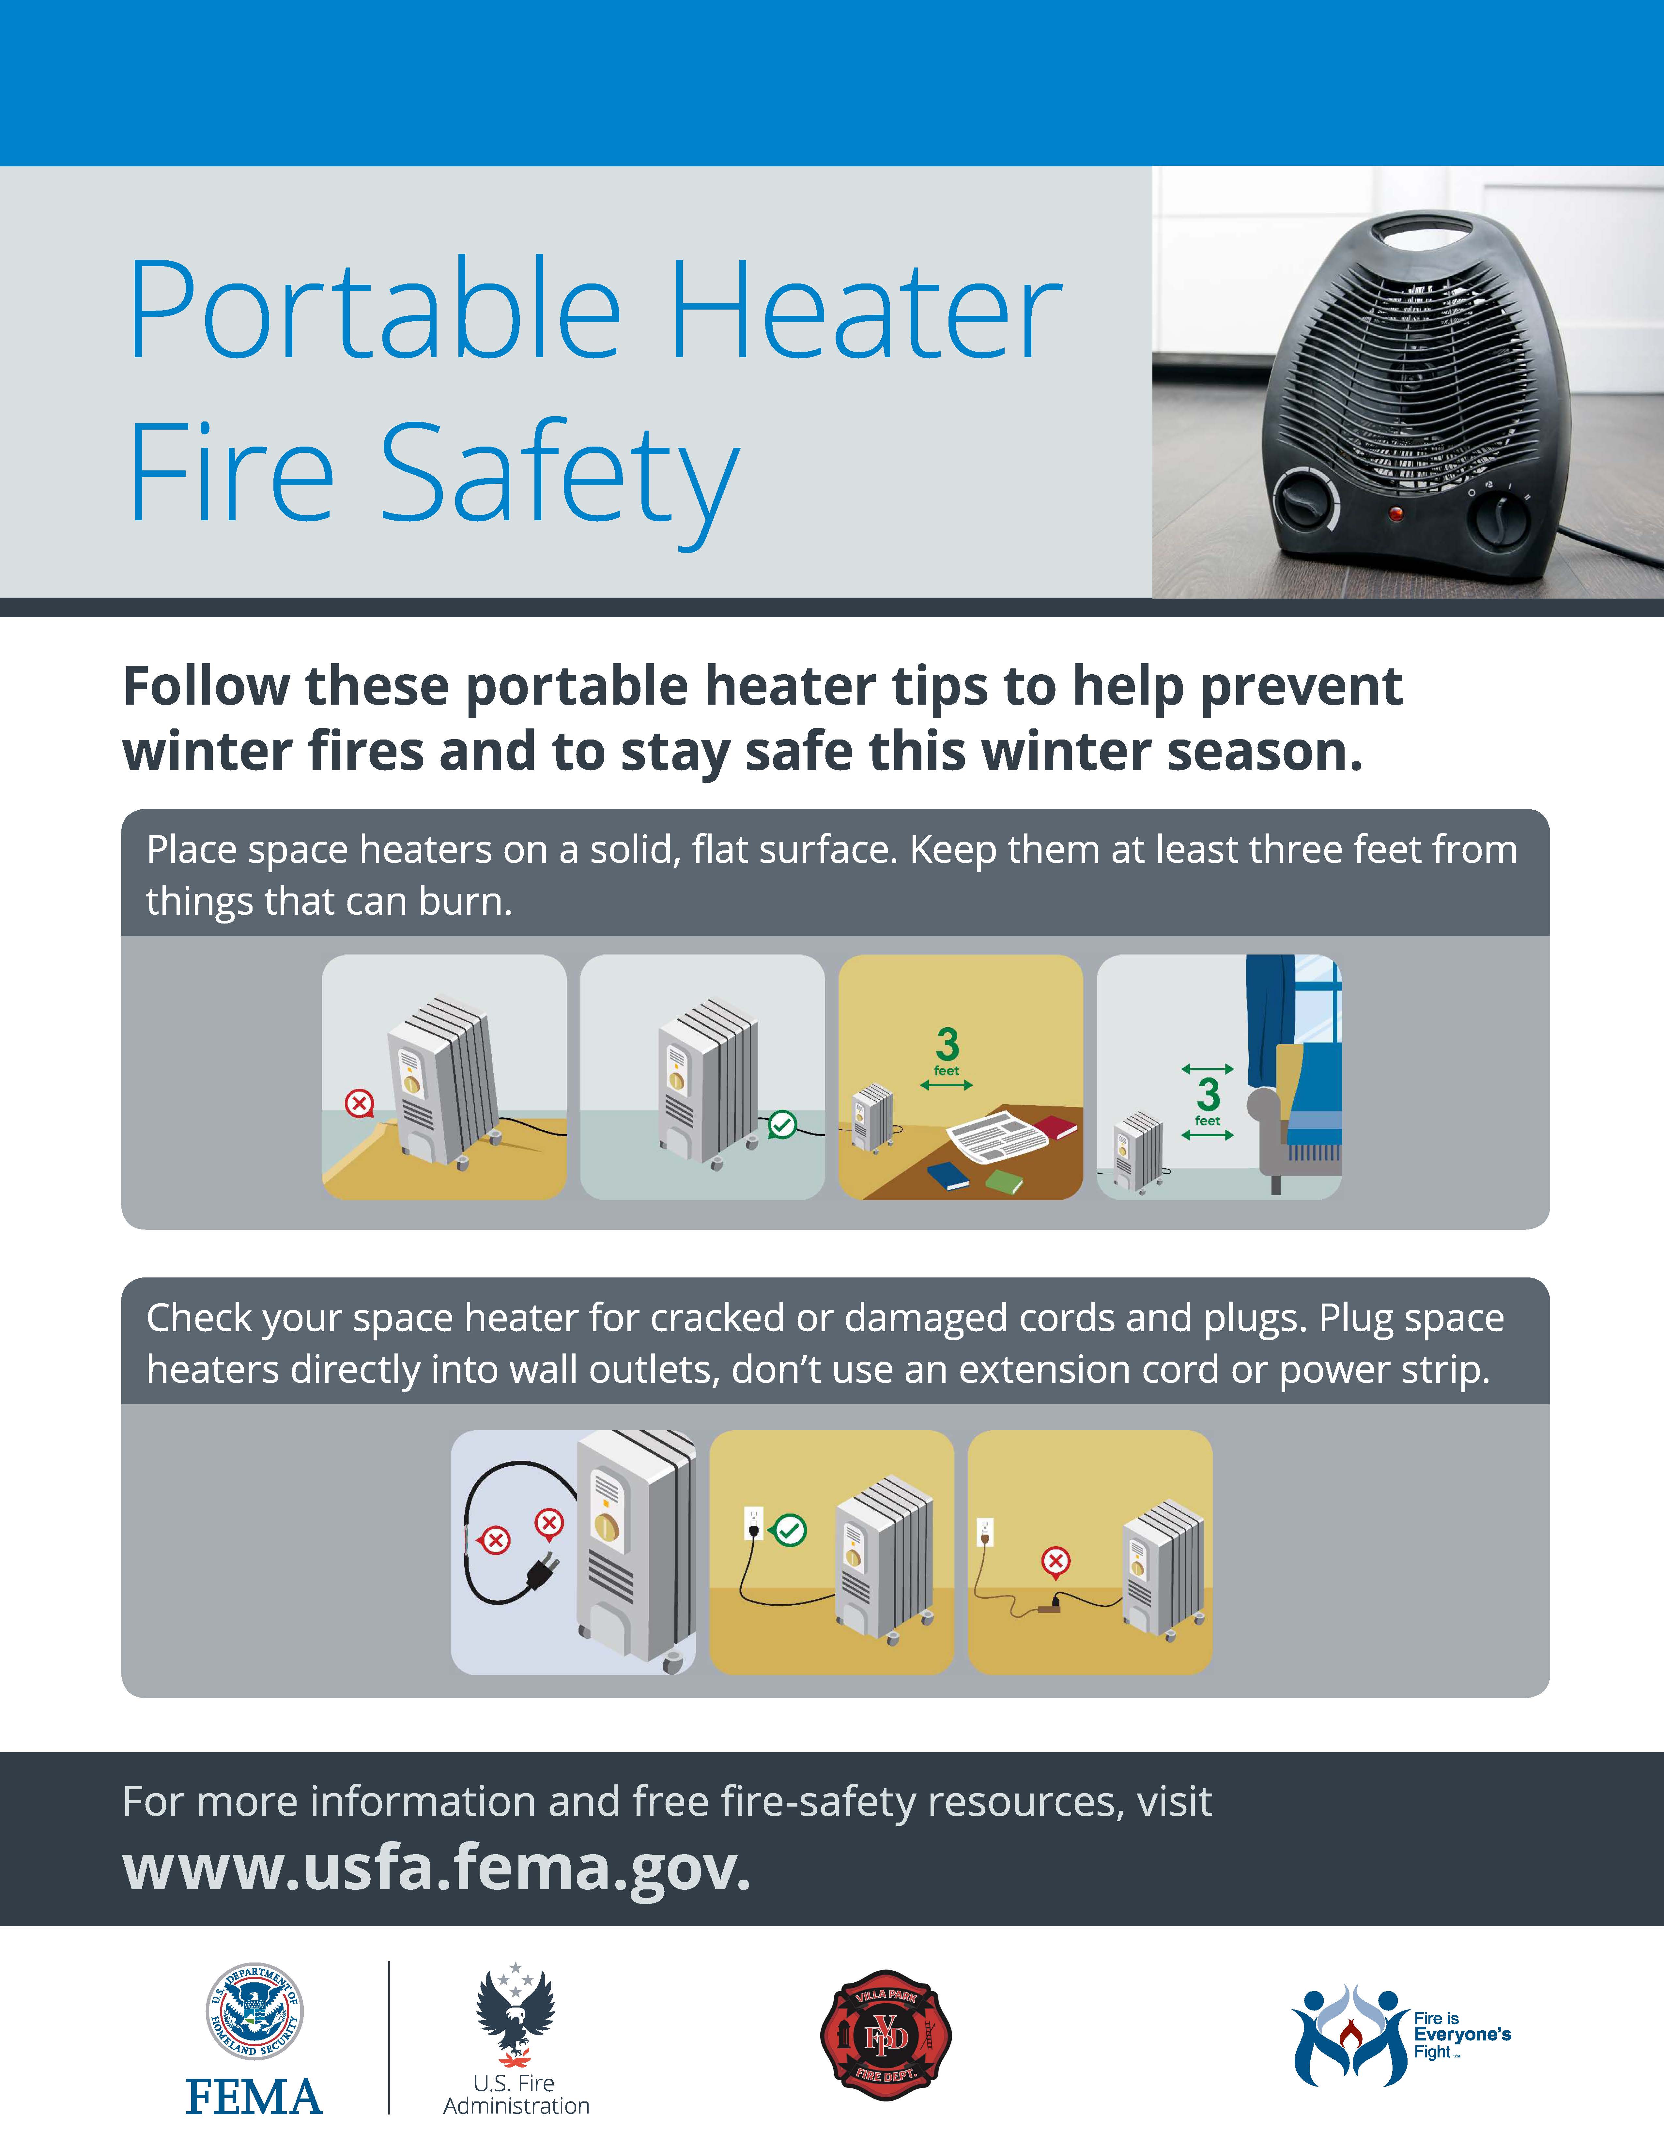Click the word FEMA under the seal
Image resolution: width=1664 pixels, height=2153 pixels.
254,2097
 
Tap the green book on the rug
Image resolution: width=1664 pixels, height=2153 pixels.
1005,1181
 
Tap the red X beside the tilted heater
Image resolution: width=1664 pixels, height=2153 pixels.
359,1103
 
